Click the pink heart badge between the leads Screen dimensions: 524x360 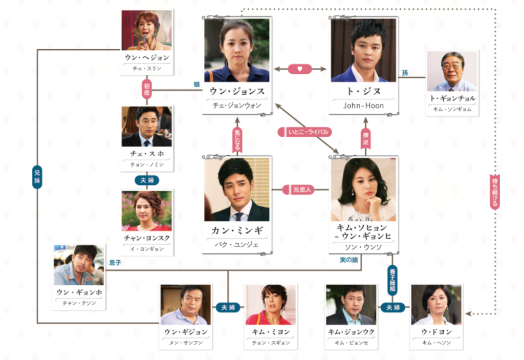tap(300, 69)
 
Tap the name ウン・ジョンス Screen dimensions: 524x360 tap(237, 91)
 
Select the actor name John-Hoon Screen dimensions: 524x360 tap(363, 105)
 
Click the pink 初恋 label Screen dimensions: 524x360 tap(147, 89)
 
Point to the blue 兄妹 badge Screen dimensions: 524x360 tap(37, 177)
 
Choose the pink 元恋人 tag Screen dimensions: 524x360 tap(299, 189)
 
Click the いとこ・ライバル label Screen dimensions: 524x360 tap(305, 132)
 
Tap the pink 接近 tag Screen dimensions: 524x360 tap(365, 138)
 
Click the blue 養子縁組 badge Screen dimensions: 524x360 tap(392, 280)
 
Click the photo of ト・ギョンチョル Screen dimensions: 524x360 tap(452, 71)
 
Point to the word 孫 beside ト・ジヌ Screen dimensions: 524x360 tap(405, 73)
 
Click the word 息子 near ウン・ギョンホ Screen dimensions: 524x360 tap(115, 263)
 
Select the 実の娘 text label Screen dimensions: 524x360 tap(349, 260)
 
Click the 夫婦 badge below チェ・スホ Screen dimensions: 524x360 tap(147, 180)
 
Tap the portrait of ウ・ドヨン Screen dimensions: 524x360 tap(436, 305)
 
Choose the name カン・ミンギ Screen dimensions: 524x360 tap(237, 230)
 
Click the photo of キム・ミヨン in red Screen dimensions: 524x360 tap(271, 305)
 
